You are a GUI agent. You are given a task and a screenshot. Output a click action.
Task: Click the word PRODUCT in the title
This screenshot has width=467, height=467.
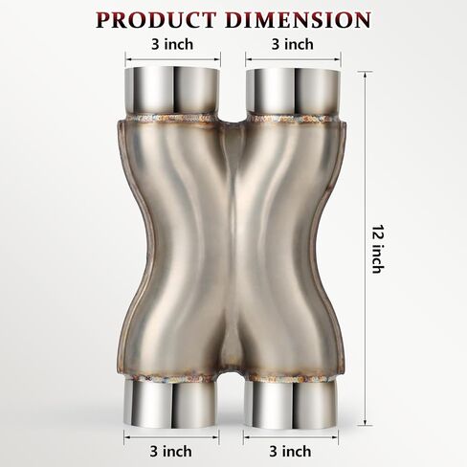(x=156, y=20)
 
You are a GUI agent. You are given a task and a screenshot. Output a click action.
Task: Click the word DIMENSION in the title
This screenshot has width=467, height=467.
(x=298, y=20)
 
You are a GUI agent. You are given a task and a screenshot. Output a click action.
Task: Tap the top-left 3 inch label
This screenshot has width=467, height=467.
(x=172, y=44)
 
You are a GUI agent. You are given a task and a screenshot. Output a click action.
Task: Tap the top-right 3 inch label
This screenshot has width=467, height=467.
(x=293, y=44)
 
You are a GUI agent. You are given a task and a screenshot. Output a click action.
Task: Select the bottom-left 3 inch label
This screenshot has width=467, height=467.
(x=171, y=452)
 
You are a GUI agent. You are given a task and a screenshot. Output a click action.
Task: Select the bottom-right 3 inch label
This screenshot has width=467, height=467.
(x=290, y=452)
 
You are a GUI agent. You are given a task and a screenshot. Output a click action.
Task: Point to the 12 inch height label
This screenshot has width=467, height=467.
(x=379, y=249)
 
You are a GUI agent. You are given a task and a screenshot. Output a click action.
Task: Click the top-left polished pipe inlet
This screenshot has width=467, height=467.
(x=172, y=91)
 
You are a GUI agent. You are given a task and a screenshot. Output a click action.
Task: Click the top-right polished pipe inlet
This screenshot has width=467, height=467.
(x=293, y=91)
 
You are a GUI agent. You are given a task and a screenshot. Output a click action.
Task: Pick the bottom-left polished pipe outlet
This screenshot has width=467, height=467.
(x=171, y=405)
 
